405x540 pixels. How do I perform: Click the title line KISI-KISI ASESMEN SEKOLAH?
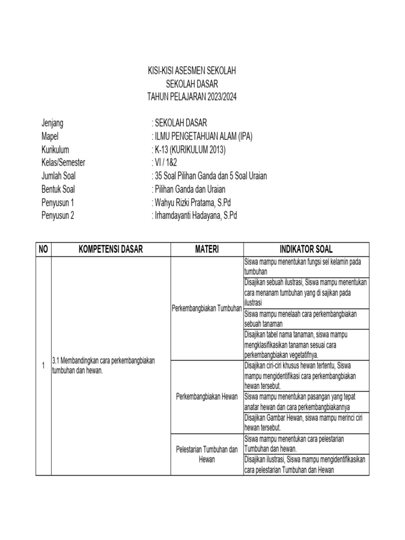[x=192, y=71]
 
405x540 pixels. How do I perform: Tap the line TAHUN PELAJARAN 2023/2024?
[x=192, y=98]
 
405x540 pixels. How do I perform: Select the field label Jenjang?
[x=52, y=123]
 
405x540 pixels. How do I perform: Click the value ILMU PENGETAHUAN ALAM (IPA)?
[x=202, y=137]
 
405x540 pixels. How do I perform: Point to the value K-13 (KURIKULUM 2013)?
[x=188, y=149]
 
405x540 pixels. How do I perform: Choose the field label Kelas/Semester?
[x=63, y=162]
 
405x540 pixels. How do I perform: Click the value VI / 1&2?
[x=166, y=162]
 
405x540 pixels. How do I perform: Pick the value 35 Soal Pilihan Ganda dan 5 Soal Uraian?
[x=209, y=176]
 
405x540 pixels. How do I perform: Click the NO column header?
[x=43, y=249]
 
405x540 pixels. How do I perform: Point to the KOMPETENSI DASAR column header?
[x=110, y=249]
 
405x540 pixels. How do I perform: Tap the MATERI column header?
[x=206, y=249]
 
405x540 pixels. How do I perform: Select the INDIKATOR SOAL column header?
[x=306, y=249]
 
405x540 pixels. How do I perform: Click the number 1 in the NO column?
[x=43, y=365]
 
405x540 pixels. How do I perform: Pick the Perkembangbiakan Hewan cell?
[x=206, y=396]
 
